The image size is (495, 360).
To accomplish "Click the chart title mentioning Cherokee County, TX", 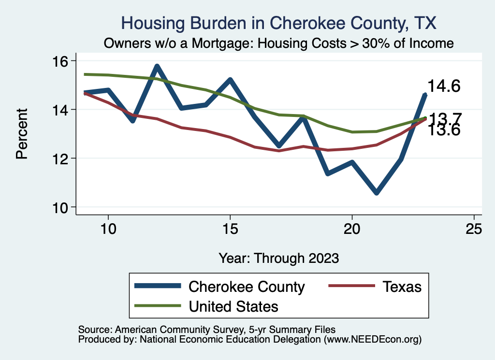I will (x=278, y=23).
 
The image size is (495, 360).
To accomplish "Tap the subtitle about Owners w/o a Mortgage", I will (x=278, y=43).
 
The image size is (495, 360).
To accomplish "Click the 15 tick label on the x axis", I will (x=230, y=229).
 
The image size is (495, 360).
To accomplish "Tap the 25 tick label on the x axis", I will (x=474, y=229).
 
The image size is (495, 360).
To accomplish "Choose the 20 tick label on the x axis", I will (x=352, y=229).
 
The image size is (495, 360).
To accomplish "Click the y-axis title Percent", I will (x=22, y=134).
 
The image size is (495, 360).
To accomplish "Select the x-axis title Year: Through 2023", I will (x=278, y=257).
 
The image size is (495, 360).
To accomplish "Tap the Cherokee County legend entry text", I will (x=247, y=287).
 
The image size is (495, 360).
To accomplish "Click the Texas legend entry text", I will (x=402, y=287).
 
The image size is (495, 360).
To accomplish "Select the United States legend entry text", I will (x=233, y=306).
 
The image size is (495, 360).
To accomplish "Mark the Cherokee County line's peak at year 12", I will (x=157, y=66).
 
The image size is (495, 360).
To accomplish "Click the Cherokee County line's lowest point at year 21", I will (x=376, y=193).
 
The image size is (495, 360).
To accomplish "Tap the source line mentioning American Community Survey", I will (x=204, y=329).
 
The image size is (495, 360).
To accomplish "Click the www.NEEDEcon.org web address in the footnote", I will (x=372, y=339).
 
